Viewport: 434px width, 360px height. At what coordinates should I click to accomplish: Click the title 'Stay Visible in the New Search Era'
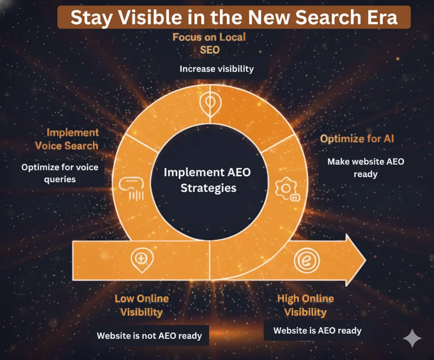click(x=234, y=18)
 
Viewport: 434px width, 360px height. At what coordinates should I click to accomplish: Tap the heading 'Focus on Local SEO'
click(x=209, y=43)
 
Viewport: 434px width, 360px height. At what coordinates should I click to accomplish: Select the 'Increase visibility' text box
click(x=217, y=69)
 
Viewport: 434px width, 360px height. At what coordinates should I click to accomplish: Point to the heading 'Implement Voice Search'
click(x=67, y=139)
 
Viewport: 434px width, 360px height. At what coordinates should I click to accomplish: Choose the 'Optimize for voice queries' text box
click(x=60, y=173)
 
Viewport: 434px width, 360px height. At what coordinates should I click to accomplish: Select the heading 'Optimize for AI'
click(x=357, y=139)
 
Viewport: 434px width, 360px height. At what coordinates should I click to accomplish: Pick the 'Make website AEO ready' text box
click(x=365, y=168)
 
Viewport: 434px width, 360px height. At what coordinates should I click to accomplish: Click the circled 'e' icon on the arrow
click(x=306, y=261)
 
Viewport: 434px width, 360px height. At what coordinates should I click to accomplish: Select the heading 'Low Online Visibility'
click(x=142, y=305)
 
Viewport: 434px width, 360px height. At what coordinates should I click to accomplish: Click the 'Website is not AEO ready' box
click(x=149, y=336)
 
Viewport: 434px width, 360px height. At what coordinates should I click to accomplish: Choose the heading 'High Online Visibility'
click(x=306, y=305)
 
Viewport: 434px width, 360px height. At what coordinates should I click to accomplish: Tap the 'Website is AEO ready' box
click(x=317, y=331)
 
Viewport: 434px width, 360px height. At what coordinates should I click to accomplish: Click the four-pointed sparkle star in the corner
click(x=412, y=339)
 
